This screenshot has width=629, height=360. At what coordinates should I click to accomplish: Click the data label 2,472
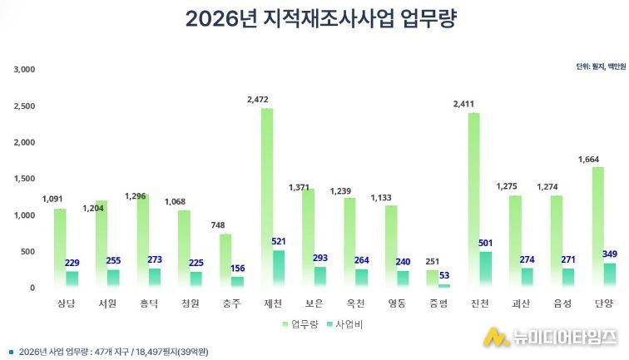pyautogui.click(x=259, y=100)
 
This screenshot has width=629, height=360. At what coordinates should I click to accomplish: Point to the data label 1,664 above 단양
pyautogui.click(x=592, y=159)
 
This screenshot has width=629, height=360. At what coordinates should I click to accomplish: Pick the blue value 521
pyautogui.click(x=279, y=242)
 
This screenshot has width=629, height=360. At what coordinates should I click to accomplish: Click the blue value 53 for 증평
pyautogui.click(x=444, y=276)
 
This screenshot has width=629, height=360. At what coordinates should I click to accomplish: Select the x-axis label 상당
pyautogui.click(x=65, y=304)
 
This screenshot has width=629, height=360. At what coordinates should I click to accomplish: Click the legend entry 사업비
pyautogui.click(x=344, y=323)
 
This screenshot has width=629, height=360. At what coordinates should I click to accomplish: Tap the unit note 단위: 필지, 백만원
pyautogui.click(x=600, y=66)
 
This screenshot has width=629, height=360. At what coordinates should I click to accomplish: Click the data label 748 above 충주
pyautogui.click(x=217, y=225)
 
